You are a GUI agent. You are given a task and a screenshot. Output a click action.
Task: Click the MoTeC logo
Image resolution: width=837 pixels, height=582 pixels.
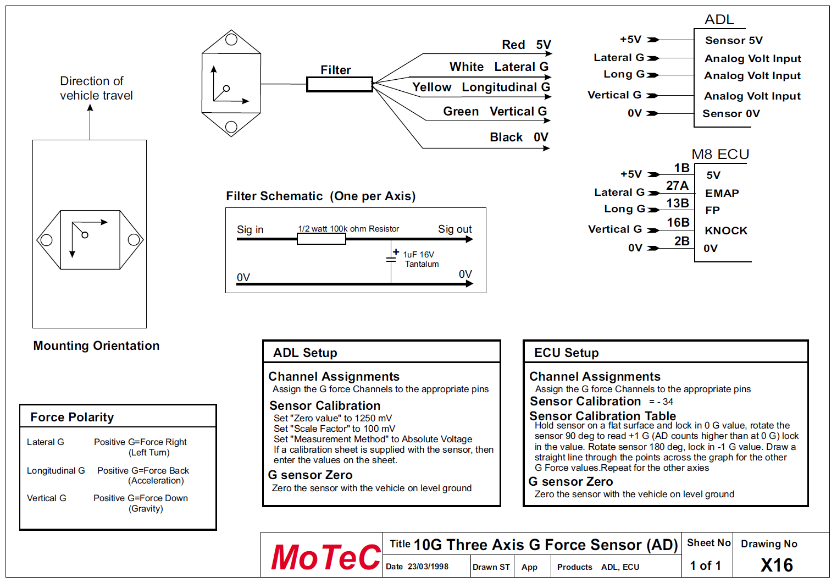coord(325,557)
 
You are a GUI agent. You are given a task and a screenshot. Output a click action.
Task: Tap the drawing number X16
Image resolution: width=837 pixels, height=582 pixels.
coord(777,565)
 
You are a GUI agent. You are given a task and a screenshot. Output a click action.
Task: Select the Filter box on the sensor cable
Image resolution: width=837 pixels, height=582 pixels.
coord(339,84)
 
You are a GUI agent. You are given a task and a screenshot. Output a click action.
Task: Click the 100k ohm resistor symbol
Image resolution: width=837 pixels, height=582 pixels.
coord(321,239)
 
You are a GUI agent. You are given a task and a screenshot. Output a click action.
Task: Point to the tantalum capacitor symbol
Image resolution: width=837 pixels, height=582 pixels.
coord(391,258)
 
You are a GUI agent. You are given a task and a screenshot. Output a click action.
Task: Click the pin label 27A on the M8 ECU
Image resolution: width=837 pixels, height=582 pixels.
coord(677,186)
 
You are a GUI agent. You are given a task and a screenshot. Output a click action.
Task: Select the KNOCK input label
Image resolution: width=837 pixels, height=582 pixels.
coord(725,230)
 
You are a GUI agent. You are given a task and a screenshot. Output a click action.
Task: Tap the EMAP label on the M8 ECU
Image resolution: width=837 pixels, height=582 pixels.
coord(722,193)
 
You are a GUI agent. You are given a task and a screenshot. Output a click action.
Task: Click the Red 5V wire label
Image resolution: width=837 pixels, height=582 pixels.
coord(526,45)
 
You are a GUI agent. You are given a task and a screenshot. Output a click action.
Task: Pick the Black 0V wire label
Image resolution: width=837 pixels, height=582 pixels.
coord(518,137)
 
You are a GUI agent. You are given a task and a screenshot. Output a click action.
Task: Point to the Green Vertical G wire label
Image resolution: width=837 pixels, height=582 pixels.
coord(495,112)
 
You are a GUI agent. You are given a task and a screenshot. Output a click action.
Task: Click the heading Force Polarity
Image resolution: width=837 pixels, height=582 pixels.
coord(72,417)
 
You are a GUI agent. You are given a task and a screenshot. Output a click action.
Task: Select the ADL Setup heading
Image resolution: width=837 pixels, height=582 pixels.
coord(305,353)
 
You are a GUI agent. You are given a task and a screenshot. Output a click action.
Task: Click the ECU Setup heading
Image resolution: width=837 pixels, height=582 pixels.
coord(566,353)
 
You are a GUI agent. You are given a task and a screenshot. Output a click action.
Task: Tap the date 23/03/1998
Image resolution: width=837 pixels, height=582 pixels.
coord(428,567)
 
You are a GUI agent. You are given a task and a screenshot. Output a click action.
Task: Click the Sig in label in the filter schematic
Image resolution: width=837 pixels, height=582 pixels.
coord(250,229)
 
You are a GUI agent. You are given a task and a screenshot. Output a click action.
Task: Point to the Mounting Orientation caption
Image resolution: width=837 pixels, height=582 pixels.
coord(96,345)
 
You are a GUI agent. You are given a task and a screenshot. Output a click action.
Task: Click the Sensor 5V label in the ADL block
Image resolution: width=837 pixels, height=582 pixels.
coord(733,40)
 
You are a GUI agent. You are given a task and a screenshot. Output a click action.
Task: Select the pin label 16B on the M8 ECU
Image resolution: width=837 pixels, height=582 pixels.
coord(678,222)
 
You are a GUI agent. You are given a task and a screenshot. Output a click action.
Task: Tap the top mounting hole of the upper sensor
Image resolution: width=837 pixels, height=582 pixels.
coord(231,40)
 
